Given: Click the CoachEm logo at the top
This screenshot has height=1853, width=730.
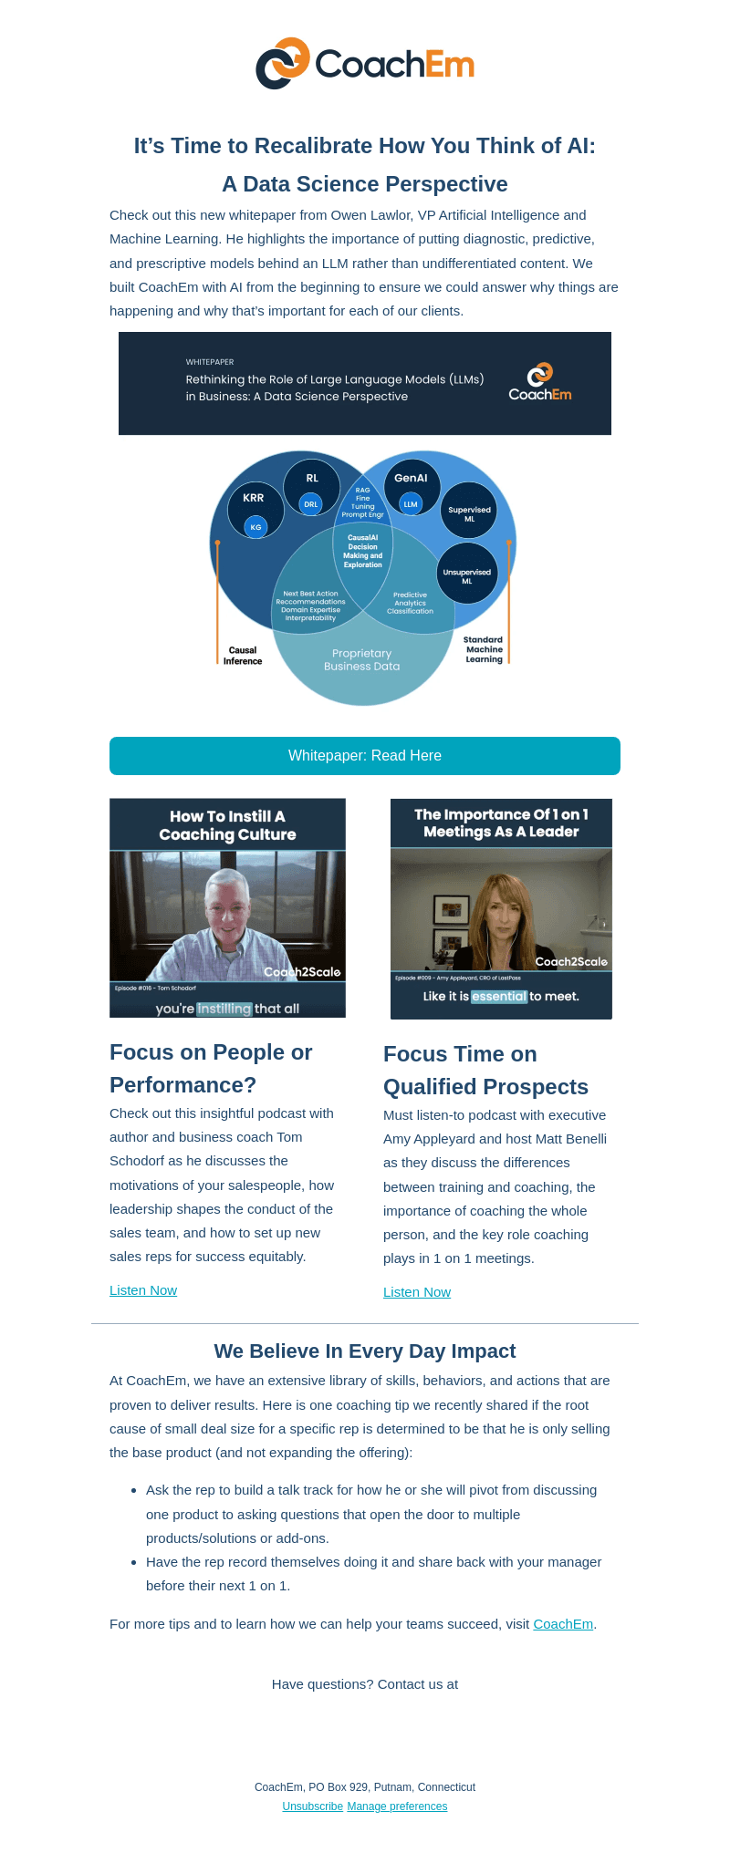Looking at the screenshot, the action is [x=365, y=64].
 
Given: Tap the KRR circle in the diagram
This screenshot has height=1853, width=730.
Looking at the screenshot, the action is [x=255, y=511].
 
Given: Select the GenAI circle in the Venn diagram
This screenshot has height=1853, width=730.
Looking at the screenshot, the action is [x=412, y=488].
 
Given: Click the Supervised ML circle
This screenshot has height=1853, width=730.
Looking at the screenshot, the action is [x=469, y=511].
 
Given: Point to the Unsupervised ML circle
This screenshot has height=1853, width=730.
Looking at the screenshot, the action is [x=467, y=574].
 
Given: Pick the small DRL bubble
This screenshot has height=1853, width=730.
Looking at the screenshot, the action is [x=311, y=504].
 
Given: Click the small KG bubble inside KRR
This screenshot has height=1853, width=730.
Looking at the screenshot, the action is [x=255, y=527].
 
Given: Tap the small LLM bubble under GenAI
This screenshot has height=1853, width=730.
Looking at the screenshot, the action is [x=411, y=504].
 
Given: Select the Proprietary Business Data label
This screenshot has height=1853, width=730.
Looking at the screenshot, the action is [x=362, y=659].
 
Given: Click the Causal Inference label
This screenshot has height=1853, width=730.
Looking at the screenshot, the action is [x=243, y=656].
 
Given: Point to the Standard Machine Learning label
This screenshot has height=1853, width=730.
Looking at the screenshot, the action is [x=484, y=649].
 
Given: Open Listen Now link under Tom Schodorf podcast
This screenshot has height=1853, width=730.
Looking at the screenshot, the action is [x=143, y=1290].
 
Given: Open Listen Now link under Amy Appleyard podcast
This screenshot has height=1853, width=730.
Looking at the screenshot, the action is [x=417, y=1292].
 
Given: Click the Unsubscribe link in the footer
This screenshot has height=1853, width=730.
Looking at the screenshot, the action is [x=313, y=1806].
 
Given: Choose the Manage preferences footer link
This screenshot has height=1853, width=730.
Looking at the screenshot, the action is [x=397, y=1806].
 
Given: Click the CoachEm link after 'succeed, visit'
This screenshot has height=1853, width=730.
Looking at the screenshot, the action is [x=563, y=1624].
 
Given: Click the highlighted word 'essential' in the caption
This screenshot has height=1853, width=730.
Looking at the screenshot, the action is [x=499, y=997].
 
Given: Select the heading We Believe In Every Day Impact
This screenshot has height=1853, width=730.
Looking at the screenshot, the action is [x=365, y=1351].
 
